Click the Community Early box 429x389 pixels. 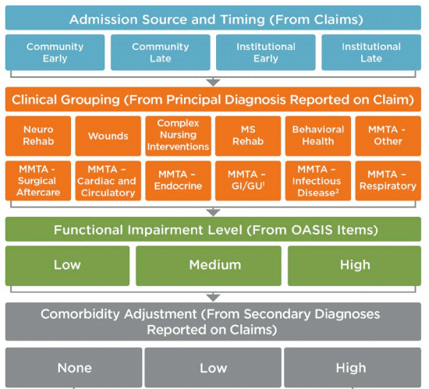[x=55, y=52]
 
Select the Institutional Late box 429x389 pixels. [x=371, y=52]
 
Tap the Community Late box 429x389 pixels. [x=161, y=52]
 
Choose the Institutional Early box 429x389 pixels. [x=266, y=52]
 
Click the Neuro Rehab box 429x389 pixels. [x=38, y=136]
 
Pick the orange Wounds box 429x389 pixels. [x=108, y=136]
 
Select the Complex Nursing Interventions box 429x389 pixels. [x=179, y=136]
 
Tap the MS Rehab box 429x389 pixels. [x=248, y=136]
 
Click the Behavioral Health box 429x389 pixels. [x=318, y=136]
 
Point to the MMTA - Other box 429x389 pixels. [x=388, y=136]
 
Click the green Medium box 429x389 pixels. [x=214, y=265]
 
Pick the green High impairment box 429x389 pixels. [x=355, y=265]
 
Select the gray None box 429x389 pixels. [x=74, y=367]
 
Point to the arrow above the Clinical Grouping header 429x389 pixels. [x=214, y=81]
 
